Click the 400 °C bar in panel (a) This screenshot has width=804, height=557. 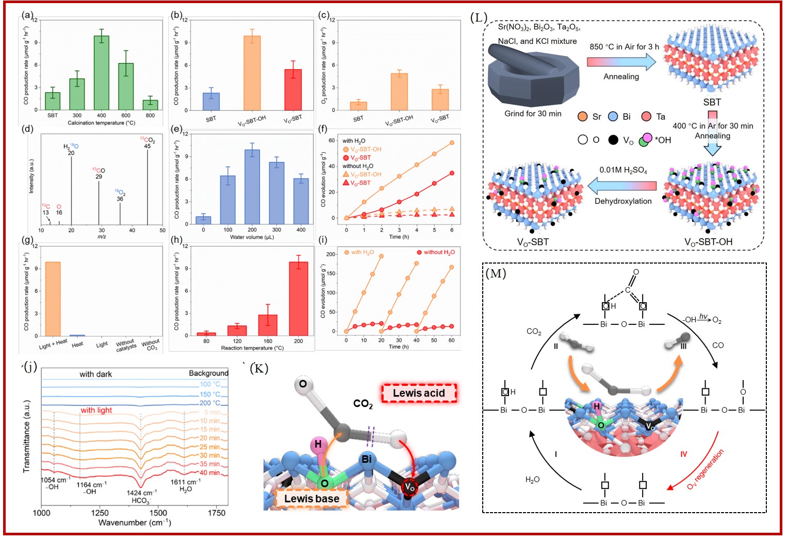[x=102, y=73]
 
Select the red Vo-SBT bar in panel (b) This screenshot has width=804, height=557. [x=293, y=90]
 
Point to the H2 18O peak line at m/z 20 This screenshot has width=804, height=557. [x=71, y=191]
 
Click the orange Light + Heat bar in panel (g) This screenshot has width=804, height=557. [x=53, y=299]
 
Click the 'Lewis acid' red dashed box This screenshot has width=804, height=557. [x=419, y=394]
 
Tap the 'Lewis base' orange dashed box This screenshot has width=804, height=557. [x=311, y=498]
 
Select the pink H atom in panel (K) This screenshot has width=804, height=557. [x=318, y=444]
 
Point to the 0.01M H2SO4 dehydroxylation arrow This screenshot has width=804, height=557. [x=622, y=186]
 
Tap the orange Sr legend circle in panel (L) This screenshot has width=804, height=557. [x=583, y=117]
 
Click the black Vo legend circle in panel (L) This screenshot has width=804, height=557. [x=613, y=140]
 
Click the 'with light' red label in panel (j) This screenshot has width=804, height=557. [x=96, y=410]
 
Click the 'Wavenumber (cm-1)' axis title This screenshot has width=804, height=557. [x=135, y=523]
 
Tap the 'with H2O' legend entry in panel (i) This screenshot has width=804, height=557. [x=362, y=252]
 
